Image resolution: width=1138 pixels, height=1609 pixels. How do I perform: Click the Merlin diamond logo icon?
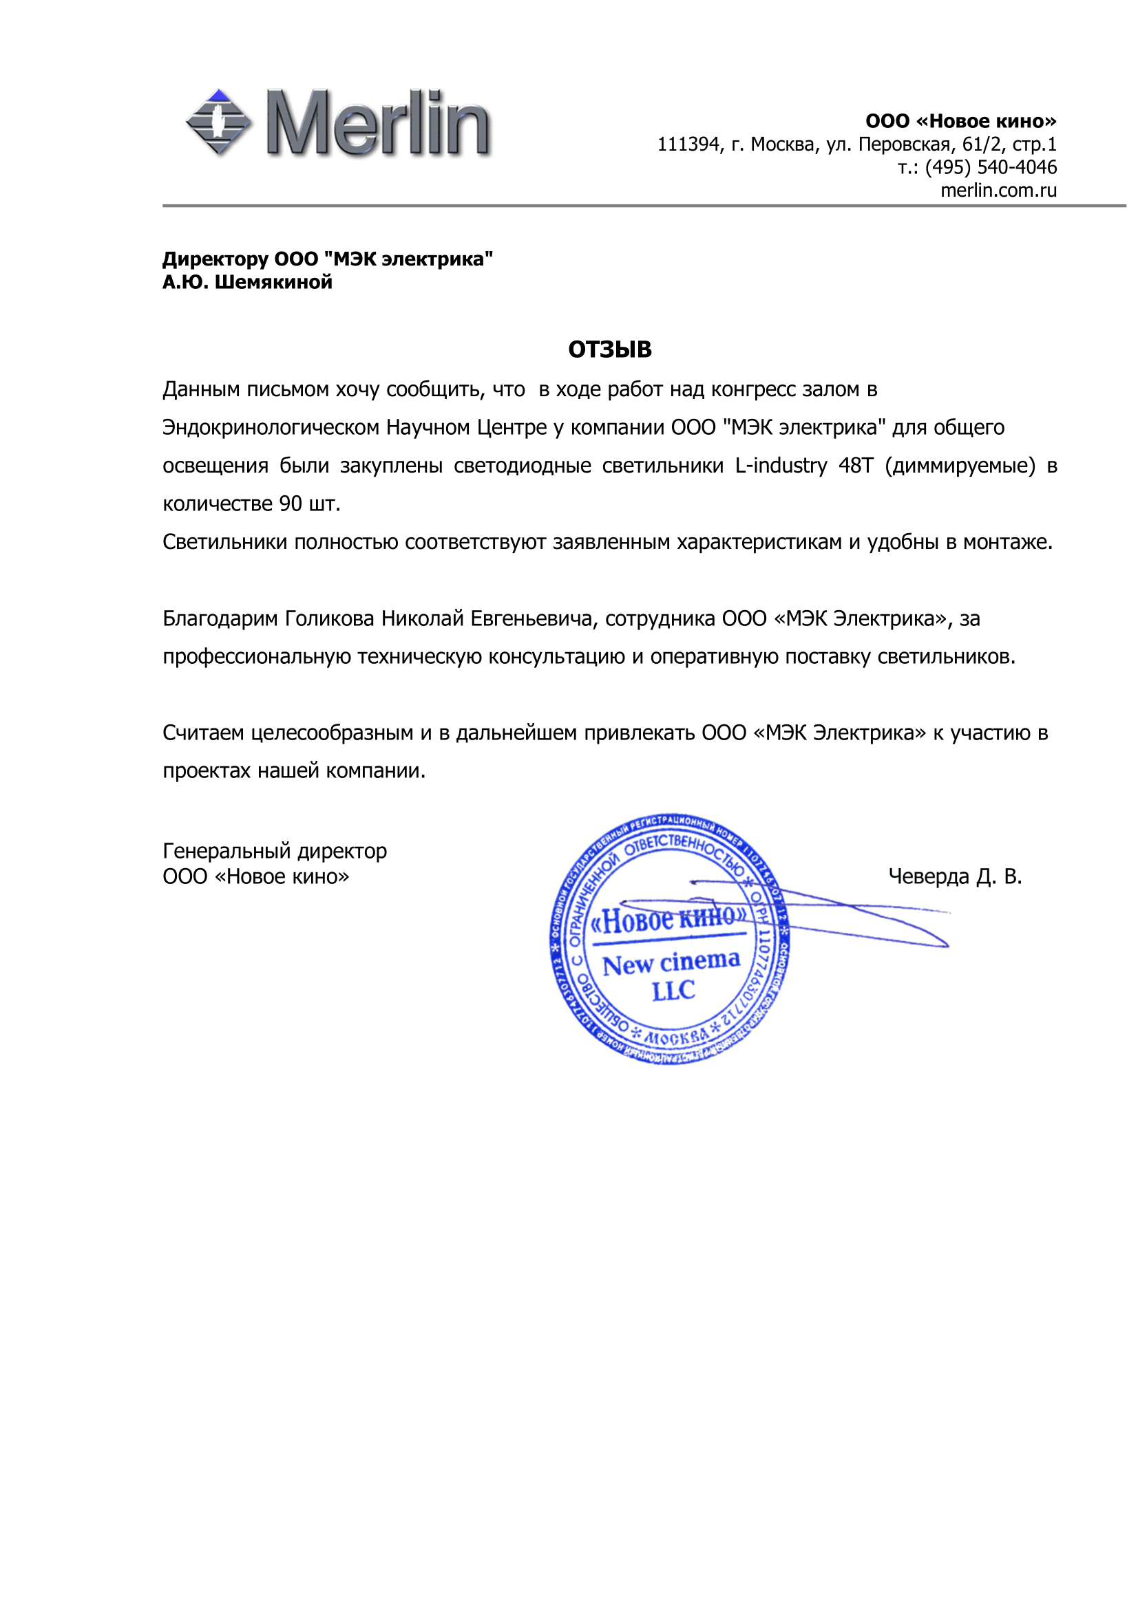219,122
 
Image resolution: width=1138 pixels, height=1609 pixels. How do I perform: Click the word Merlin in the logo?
379,123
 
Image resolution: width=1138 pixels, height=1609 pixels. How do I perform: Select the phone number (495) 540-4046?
990,167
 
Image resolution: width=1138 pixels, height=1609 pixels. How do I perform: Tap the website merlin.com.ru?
998,191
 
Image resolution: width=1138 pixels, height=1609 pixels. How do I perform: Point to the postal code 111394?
688,144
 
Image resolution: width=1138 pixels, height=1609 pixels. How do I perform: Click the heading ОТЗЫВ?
609,349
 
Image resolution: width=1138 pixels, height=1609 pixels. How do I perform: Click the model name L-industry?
781,465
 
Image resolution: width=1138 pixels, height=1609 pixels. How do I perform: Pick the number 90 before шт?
291,504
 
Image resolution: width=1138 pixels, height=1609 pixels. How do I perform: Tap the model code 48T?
856,465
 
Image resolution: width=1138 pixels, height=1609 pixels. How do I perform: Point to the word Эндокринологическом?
271,427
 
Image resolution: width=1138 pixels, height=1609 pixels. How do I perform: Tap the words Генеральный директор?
274,851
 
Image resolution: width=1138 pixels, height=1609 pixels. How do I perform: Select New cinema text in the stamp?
671,963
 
